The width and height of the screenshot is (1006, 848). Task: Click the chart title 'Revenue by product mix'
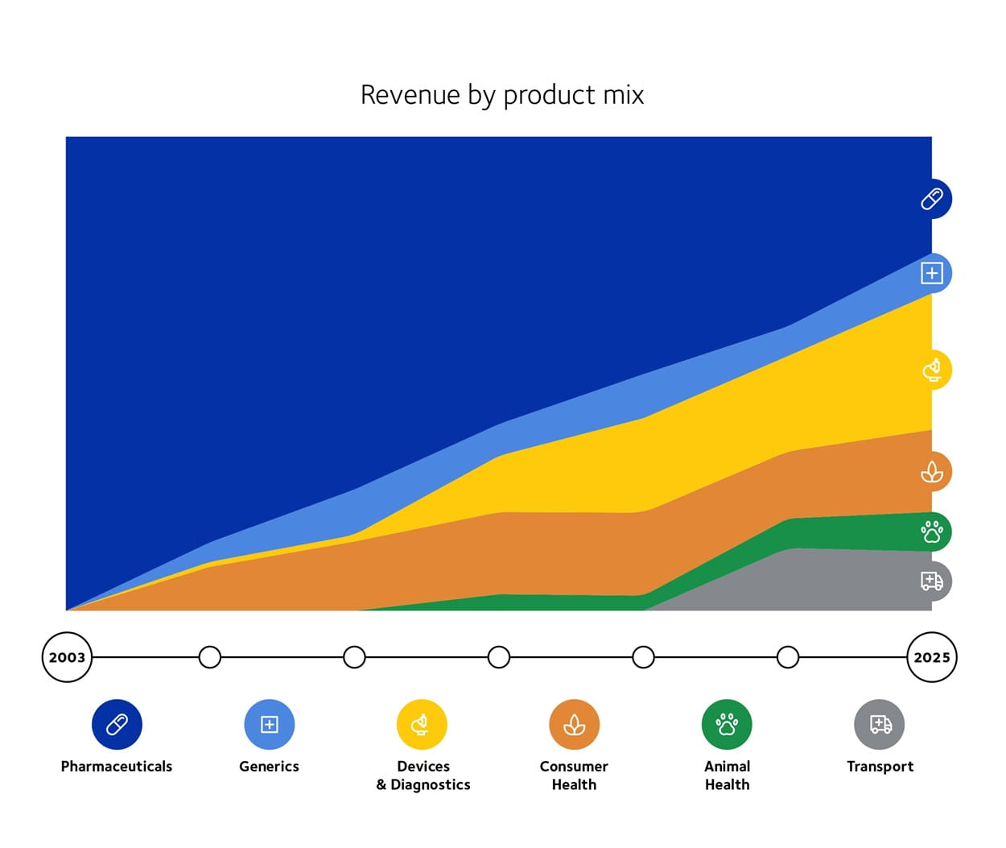pos(502,95)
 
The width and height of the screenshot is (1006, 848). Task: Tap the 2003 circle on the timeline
pos(67,657)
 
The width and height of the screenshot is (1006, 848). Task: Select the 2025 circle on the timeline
pos(931,657)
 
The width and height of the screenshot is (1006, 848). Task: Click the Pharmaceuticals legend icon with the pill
pos(117,724)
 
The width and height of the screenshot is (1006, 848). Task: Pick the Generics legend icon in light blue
pos(269,724)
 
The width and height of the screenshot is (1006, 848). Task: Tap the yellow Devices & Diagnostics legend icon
pos(422,724)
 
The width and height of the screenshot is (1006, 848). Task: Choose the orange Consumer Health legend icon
pos(574,724)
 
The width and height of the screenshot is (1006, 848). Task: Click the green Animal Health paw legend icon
pos(727,724)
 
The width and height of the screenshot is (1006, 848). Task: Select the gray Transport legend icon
pos(880,724)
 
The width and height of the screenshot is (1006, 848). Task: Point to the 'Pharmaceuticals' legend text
pos(117,766)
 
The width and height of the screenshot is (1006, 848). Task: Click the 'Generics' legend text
pos(269,766)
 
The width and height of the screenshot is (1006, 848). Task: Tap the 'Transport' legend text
pos(880,766)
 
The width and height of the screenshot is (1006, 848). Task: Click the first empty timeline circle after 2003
pos(210,657)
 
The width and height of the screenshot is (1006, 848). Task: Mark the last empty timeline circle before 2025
pos(788,657)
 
